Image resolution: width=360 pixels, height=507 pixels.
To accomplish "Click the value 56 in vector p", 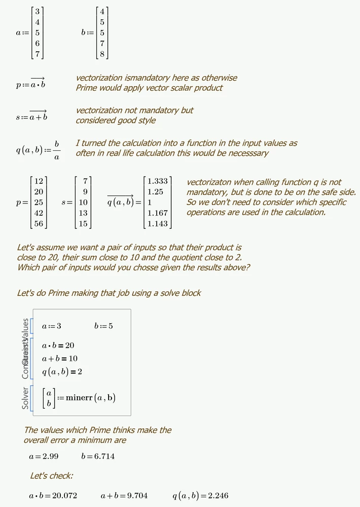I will pos(39,223).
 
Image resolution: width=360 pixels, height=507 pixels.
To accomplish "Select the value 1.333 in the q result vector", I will pos(157,181).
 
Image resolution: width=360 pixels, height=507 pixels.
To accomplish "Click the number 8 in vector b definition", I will pos(102,53).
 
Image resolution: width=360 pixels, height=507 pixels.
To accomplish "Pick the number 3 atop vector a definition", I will pos(38,12).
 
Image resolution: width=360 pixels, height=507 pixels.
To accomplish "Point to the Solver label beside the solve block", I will pos(25,398).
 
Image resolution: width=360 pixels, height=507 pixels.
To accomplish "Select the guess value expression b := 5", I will pos(103,326).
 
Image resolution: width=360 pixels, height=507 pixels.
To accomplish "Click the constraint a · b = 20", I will pos(58,346).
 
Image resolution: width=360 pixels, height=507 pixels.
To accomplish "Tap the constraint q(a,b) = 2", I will pos(62,372).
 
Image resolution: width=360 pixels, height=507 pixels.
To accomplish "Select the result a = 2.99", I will pos(44,456).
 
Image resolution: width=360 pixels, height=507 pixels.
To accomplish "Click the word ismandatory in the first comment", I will pos(147,78).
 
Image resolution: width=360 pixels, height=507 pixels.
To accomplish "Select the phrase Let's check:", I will pos(51,476).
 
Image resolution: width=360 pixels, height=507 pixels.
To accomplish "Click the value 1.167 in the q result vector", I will pos(157,213).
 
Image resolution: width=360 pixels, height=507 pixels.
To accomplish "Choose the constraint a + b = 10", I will pos(59,359).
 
